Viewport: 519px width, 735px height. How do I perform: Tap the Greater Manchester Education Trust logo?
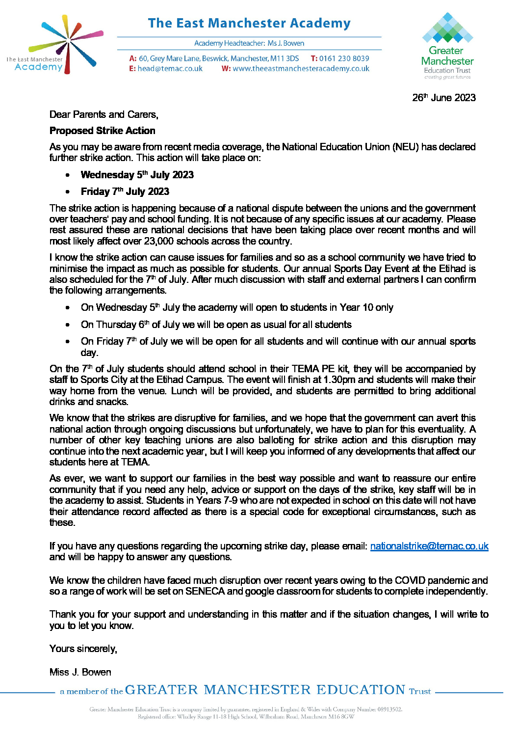tap(447, 45)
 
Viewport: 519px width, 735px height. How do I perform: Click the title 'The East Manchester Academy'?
tap(249, 23)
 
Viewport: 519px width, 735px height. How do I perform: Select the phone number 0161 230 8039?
tap(344, 58)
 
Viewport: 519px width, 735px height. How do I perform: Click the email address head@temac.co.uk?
tap(170, 69)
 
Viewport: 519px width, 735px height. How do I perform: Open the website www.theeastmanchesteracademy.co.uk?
tap(301, 69)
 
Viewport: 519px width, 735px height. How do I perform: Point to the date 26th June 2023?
tap(443, 97)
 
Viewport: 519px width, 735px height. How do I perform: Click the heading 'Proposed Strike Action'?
tap(102, 131)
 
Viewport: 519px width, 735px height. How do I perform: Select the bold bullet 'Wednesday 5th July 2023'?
tap(137, 175)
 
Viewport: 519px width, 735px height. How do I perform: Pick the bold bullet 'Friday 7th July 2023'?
tap(125, 191)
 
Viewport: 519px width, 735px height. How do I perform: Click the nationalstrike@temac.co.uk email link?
tap(429, 546)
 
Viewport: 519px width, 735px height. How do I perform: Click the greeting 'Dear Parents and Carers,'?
tap(104, 114)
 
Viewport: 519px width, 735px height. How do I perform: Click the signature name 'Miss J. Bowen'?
tap(80, 672)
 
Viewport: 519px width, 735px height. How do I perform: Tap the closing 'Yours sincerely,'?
tap(83, 649)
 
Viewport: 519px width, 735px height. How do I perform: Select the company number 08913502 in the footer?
tap(386, 709)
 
